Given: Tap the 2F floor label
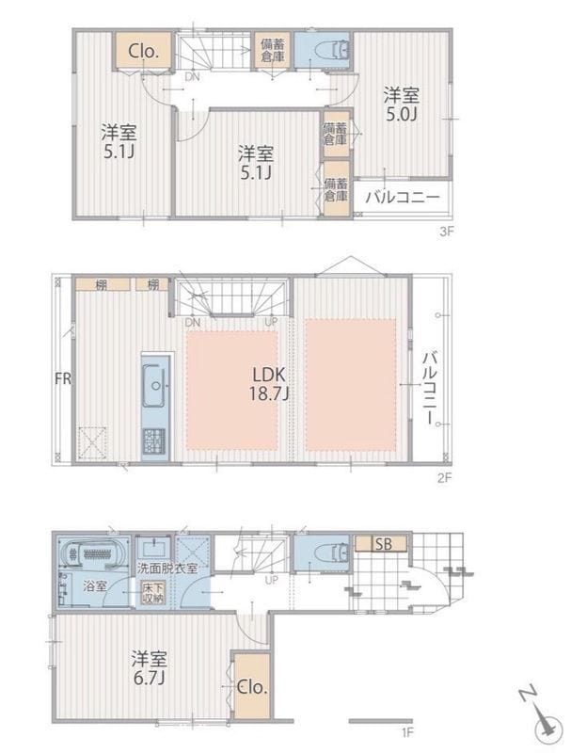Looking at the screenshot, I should click(x=446, y=477).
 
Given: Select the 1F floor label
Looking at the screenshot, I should click(x=407, y=730).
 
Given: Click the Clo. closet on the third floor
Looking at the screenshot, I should click(x=143, y=51).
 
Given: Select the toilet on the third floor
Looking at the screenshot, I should click(x=329, y=51).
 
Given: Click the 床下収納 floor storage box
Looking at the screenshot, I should click(x=151, y=593).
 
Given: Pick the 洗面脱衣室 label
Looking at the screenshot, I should click(x=167, y=569).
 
